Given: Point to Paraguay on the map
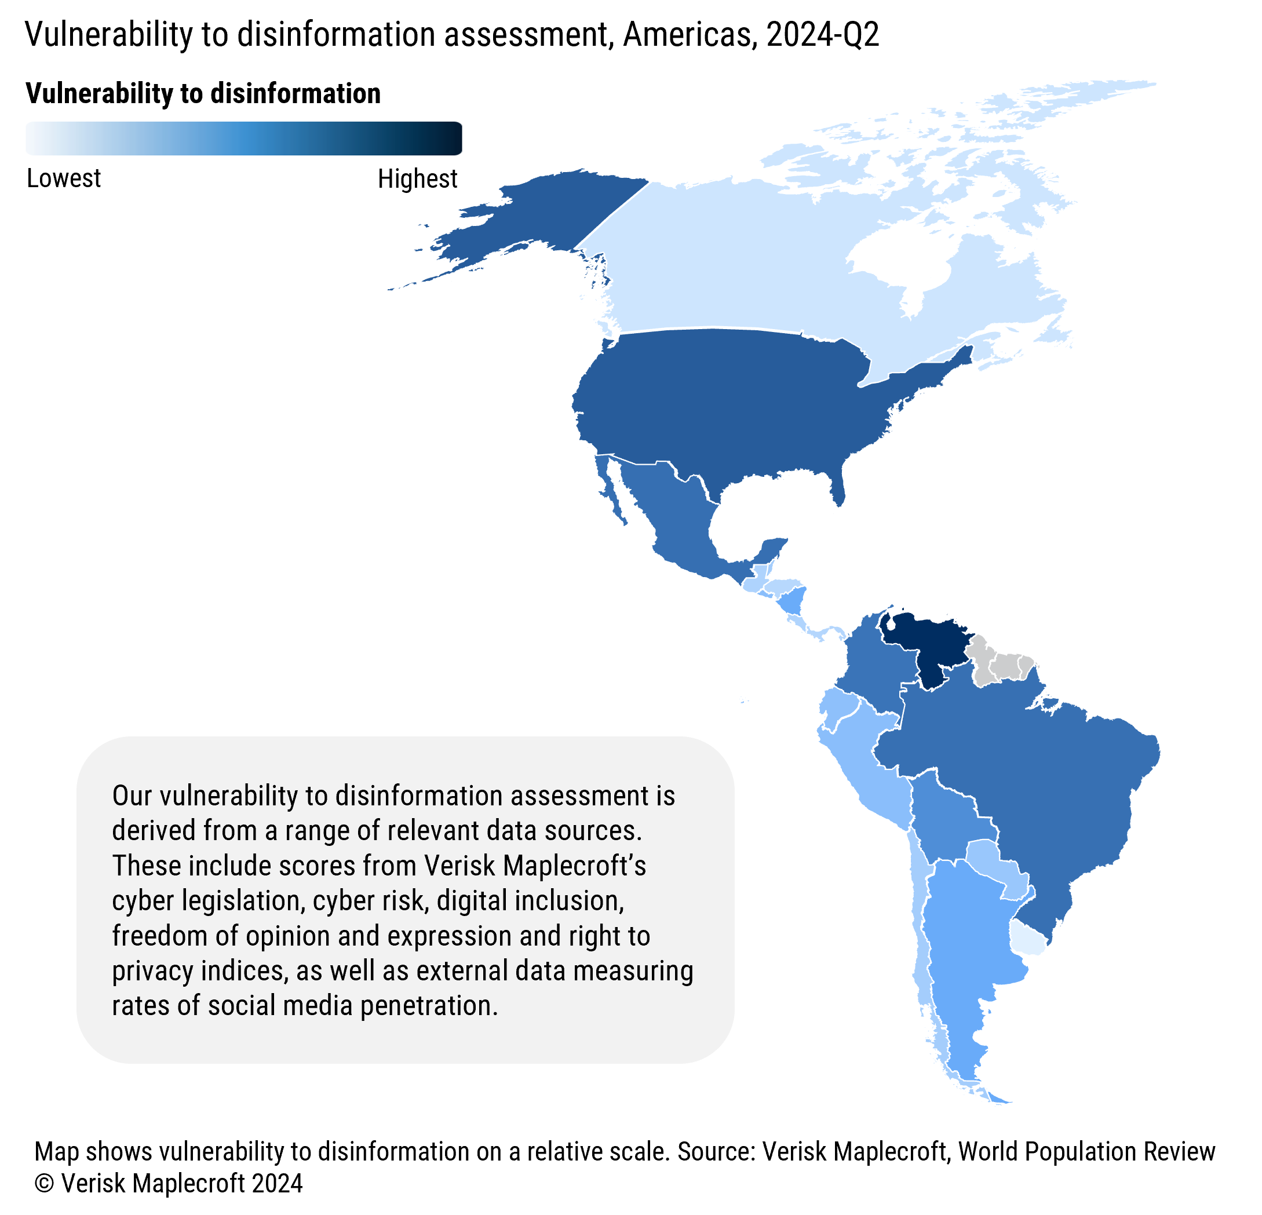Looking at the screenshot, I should pyautogui.click(x=995, y=866).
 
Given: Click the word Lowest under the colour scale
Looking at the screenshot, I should pyautogui.click(x=64, y=178).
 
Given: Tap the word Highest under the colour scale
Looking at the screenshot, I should pyautogui.click(x=417, y=178).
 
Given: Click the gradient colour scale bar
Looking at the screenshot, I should pyautogui.click(x=243, y=138).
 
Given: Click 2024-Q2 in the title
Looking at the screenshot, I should pyautogui.click(x=822, y=35).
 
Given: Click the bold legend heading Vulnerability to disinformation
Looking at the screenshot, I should pyautogui.click(x=203, y=93).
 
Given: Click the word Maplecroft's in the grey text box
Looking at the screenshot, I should pyautogui.click(x=574, y=866).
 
